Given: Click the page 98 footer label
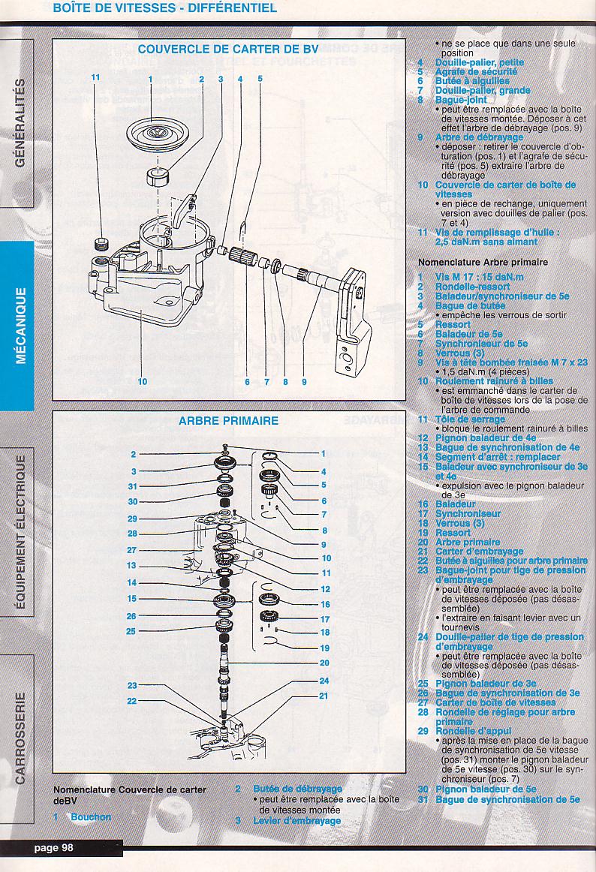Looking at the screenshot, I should pyautogui.click(x=53, y=848).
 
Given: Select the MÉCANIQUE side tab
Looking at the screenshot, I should pyautogui.click(x=20, y=324).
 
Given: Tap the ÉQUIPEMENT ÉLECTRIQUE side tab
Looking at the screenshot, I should pyautogui.click(x=20, y=531).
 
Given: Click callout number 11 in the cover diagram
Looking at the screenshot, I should pyautogui.click(x=95, y=77).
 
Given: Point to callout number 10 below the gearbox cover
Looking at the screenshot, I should pyautogui.click(x=143, y=381).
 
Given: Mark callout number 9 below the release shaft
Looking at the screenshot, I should pyautogui.click(x=305, y=381).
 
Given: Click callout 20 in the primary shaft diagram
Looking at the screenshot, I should pyautogui.click(x=324, y=663).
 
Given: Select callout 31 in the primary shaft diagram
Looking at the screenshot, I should pyautogui.click(x=133, y=486).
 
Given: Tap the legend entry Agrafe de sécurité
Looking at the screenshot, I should pyautogui.click(x=476, y=72).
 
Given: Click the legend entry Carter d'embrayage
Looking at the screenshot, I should pyautogui.click(x=480, y=552).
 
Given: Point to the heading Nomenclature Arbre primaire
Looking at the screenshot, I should pyautogui.click(x=483, y=263).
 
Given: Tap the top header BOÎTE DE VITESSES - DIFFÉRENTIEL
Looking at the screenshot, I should pyautogui.click(x=164, y=8).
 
